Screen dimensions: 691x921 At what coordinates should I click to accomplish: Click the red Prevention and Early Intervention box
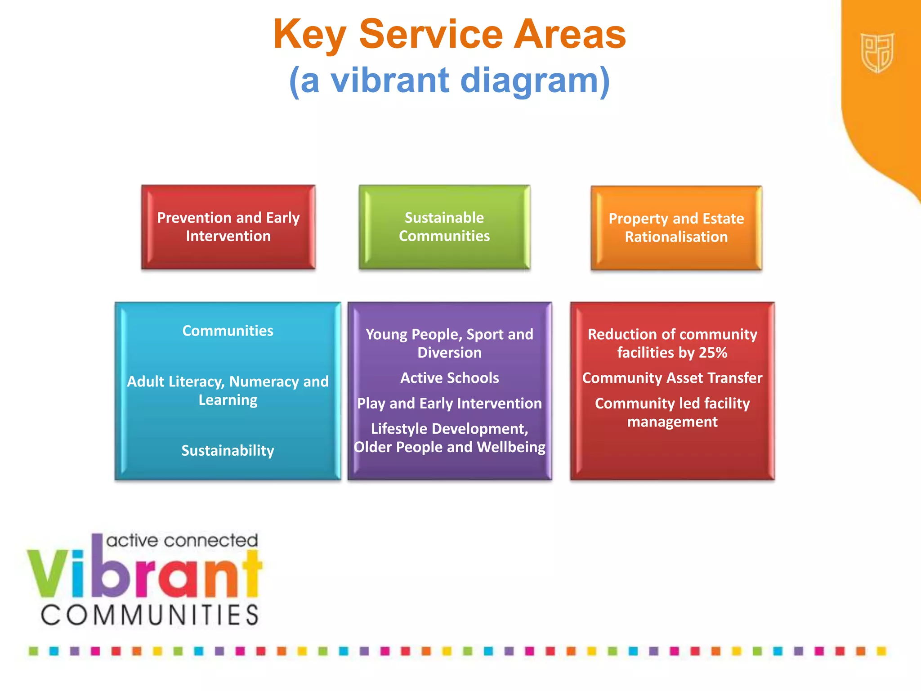(x=228, y=227)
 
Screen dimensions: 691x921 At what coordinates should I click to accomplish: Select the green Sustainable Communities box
(x=444, y=227)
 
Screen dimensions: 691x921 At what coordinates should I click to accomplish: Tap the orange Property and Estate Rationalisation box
(x=676, y=228)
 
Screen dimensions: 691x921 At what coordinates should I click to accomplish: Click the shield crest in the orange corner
(x=877, y=53)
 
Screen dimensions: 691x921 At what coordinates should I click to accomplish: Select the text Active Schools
(x=449, y=378)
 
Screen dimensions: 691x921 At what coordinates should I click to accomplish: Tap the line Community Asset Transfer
(x=672, y=378)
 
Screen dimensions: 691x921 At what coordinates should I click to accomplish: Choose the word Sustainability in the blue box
(x=228, y=450)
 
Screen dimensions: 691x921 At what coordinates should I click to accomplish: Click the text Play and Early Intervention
(x=449, y=404)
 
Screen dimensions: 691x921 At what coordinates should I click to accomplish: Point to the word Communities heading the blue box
(x=228, y=331)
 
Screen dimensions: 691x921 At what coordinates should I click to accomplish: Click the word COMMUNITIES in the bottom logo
(x=150, y=615)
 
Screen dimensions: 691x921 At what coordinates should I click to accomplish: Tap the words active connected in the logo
(x=182, y=540)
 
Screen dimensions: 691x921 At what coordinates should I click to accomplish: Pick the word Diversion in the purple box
(x=449, y=353)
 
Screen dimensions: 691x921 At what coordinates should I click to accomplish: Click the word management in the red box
(x=672, y=422)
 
